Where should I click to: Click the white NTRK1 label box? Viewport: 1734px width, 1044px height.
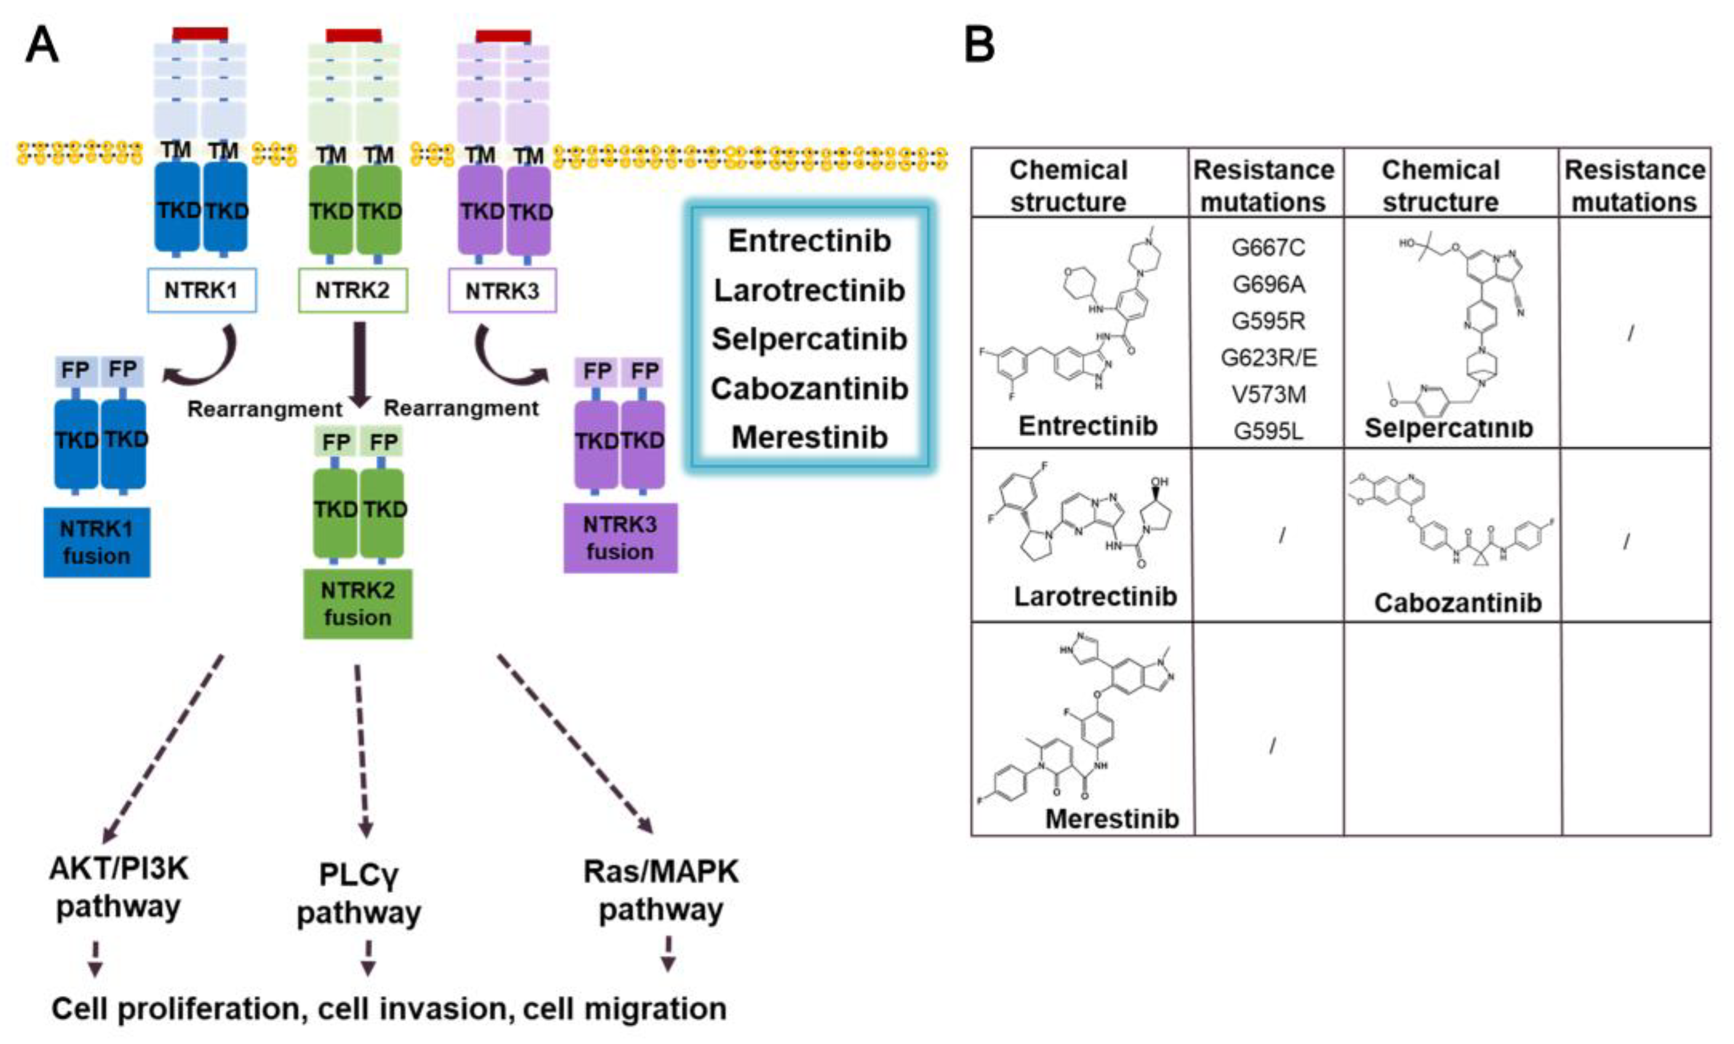tap(201, 290)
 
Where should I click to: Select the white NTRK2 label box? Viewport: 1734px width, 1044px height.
tap(352, 290)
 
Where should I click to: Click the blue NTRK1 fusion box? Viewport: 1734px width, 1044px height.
tap(97, 543)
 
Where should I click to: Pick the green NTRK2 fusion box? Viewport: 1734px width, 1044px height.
tap(357, 603)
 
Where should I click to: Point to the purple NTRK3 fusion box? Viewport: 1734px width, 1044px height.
tap(620, 538)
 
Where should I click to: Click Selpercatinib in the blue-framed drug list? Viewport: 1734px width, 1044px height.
tap(809, 339)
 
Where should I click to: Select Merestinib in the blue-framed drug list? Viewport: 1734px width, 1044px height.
tap(809, 437)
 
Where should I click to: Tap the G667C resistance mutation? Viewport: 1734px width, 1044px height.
tap(1268, 248)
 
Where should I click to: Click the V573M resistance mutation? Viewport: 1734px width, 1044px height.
tap(1268, 395)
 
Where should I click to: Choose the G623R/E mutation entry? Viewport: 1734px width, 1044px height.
tap(1268, 358)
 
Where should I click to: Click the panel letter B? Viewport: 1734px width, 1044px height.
tap(979, 44)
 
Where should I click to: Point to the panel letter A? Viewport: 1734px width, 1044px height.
tap(42, 45)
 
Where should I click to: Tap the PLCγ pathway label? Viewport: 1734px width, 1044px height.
tap(359, 894)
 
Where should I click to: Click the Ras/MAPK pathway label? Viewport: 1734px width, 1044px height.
tap(661, 890)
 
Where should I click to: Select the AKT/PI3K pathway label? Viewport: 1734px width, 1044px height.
tap(118, 887)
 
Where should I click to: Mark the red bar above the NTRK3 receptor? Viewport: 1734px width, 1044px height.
tap(503, 36)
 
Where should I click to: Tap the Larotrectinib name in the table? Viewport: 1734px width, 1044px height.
tap(1095, 596)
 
